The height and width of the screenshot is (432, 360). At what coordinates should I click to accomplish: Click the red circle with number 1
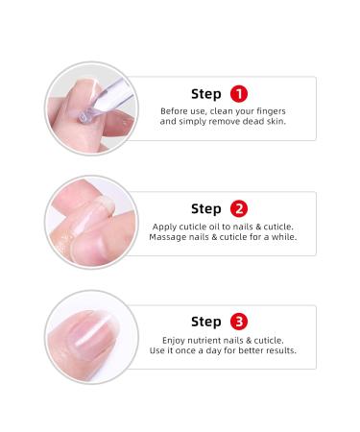tap(239, 94)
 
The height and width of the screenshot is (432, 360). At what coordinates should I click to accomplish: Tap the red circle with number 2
tap(239, 208)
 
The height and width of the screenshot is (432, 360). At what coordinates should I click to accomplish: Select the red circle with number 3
tap(239, 322)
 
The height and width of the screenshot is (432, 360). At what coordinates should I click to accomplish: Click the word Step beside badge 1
tap(206, 94)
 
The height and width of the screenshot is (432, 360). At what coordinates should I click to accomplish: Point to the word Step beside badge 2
tap(206, 209)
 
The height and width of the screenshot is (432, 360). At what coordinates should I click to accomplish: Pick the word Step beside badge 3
tap(206, 322)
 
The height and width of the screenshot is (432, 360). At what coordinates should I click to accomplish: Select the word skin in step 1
tap(277, 121)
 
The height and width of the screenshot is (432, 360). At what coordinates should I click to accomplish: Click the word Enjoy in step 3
tap(174, 341)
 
